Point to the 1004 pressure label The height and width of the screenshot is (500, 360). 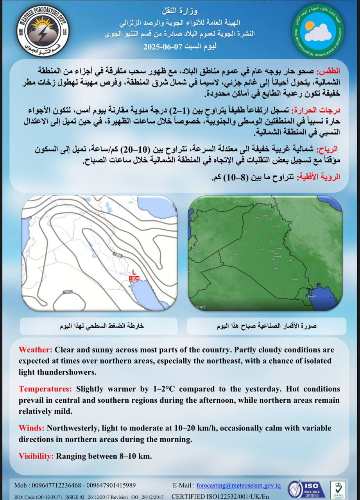[x=134, y=278]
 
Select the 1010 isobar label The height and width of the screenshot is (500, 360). [x=68, y=292]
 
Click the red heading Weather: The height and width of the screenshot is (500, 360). [x=36, y=349]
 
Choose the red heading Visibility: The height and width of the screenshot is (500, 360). [x=36, y=456]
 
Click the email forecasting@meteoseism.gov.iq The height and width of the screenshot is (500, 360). [x=238, y=485]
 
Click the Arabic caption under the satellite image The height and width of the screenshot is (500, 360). [x=267, y=326]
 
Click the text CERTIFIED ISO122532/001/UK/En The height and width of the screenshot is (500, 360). [x=220, y=496]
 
